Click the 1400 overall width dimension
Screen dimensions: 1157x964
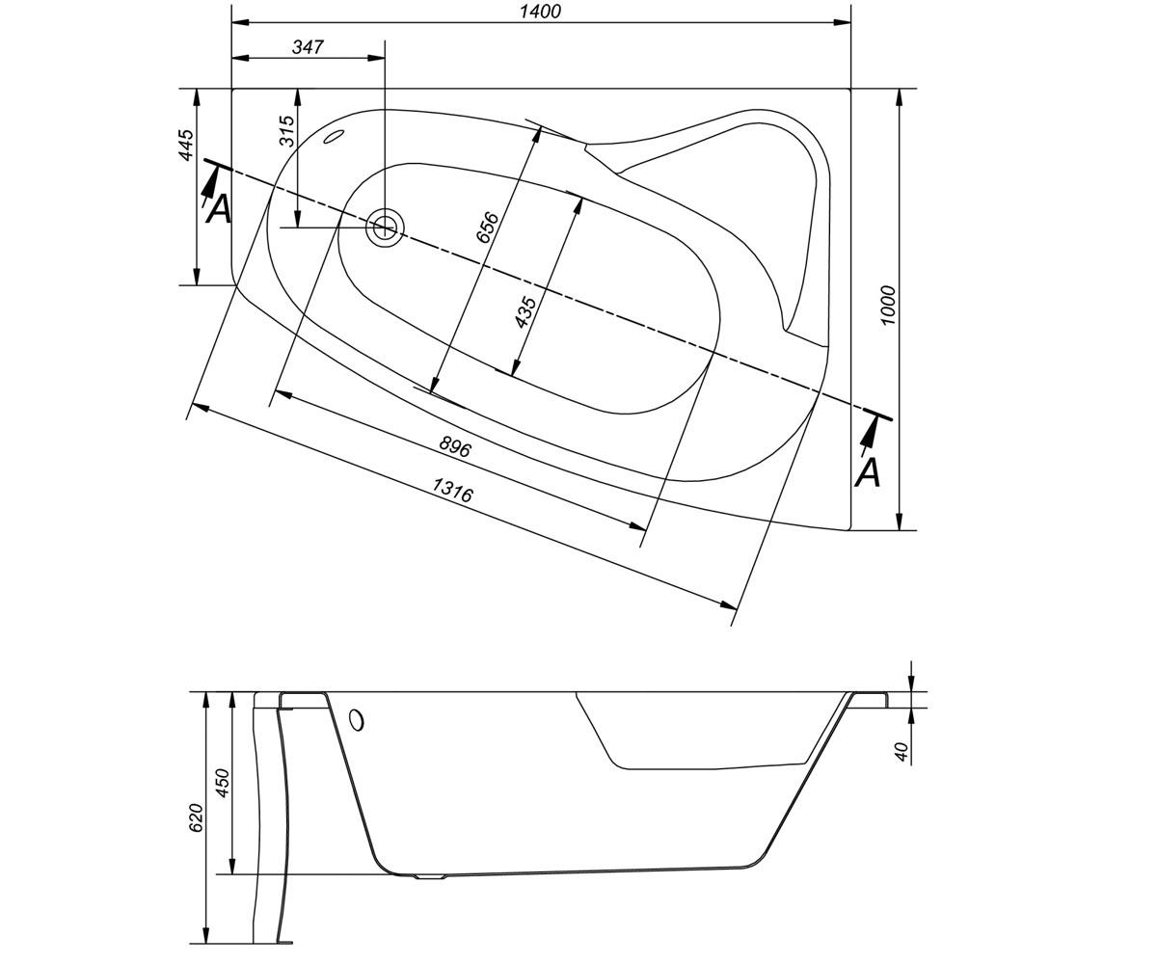tap(540, 11)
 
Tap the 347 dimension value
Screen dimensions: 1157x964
tap(308, 47)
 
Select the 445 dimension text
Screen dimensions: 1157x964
tap(187, 146)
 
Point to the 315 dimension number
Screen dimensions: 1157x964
tap(286, 131)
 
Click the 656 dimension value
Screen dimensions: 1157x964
tap(489, 227)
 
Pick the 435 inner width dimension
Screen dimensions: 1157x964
tap(525, 312)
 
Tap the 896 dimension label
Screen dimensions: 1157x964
tap(454, 446)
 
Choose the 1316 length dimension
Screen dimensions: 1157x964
tap(452, 490)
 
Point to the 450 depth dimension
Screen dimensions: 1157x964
tap(222, 782)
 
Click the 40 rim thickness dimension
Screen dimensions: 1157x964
tap(902, 751)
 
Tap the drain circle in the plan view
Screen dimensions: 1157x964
tap(385, 228)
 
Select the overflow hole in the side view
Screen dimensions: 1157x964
tap(357, 720)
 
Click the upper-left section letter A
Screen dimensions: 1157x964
tap(218, 209)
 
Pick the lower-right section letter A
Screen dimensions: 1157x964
tap(867, 472)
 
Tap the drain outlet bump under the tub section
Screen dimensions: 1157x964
tap(431, 876)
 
